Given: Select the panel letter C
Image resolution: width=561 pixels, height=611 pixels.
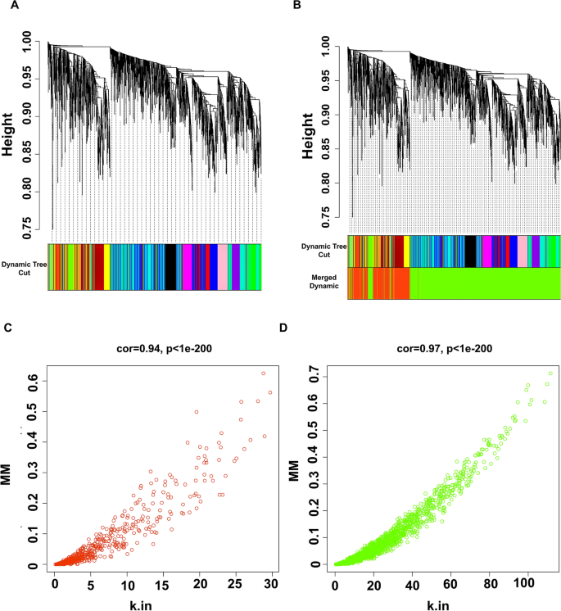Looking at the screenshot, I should (x=7, y=328).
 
